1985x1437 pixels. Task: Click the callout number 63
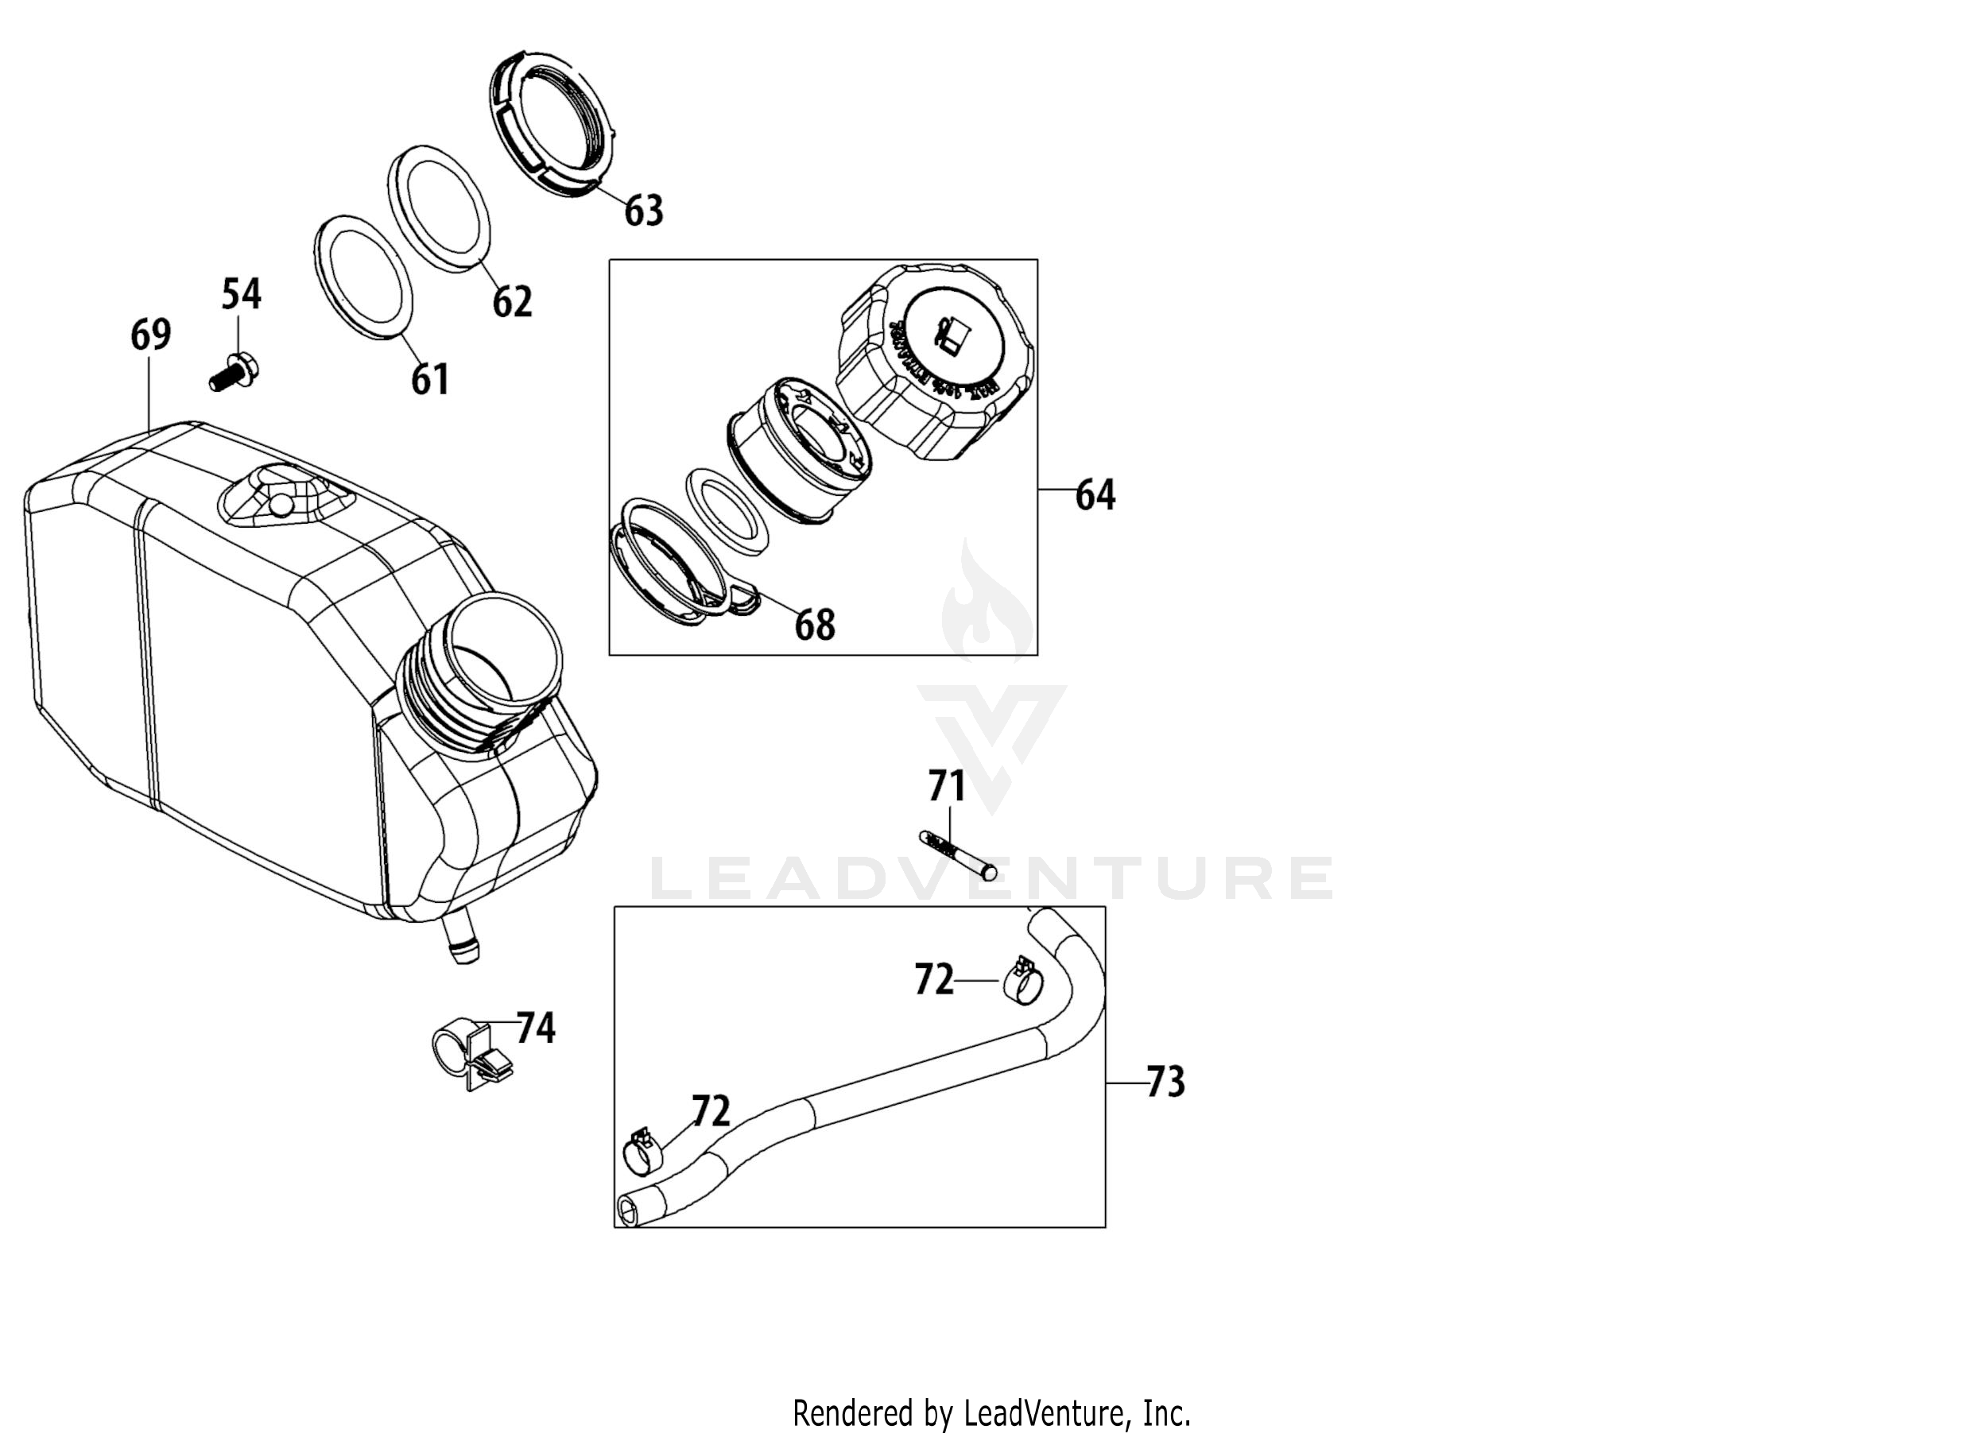(x=643, y=211)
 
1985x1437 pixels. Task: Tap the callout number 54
(x=241, y=294)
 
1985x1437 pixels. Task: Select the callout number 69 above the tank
(x=150, y=335)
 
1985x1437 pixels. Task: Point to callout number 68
(x=814, y=625)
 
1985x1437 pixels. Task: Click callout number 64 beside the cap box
(x=1095, y=495)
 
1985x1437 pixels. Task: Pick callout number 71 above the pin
(x=947, y=786)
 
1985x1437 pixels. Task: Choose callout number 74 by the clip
(x=536, y=1028)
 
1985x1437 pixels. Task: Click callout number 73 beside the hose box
(x=1165, y=1083)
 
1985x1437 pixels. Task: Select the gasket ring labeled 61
(x=362, y=276)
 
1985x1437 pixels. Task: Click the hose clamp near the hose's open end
(x=643, y=1153)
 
